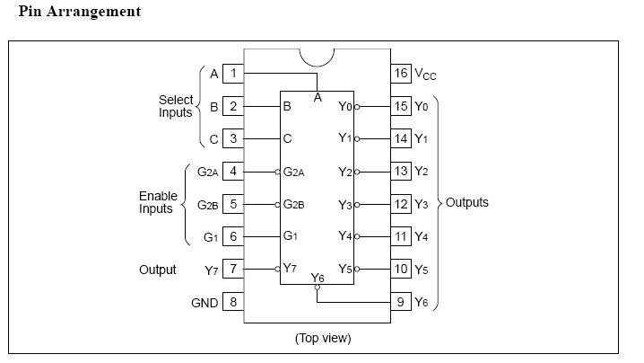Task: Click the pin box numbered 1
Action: pyautogui.click(x=233, y=74)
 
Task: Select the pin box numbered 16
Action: pyautogui.click(x=400, y=74)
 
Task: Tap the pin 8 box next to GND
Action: pyautogui.click(x=233, y=302)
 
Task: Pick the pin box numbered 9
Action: pyautogui.click(x=400, y=302)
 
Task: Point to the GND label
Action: pyautogui.click(x=205, y=303)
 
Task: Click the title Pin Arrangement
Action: pyautogui.click(x=79, y=12)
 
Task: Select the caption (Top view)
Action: pyautogui.click(x=323, y=338)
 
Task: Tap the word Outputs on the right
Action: pyautogui.click(x=467, y=202)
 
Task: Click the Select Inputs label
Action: pyautogui.click(x=176, y=106)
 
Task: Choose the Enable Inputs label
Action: pyautogui.click(x=156, y=202)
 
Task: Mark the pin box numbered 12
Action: pyautogui.click(x=400, y=204)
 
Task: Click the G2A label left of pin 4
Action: pyautogui.click(x=207, y=172)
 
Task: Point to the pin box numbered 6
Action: pyautogui.click(x=233, y=237)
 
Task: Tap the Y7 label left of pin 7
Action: pyautogui.click(x=212, y=270)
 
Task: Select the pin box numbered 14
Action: pyautogui.click(x=400, y=139)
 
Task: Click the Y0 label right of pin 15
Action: pyautogui.click(x=422, y=107)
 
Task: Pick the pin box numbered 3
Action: pyautogui.click(x=233, y=139)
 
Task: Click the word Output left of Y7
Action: pyautogui.click(x=158, y=270)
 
